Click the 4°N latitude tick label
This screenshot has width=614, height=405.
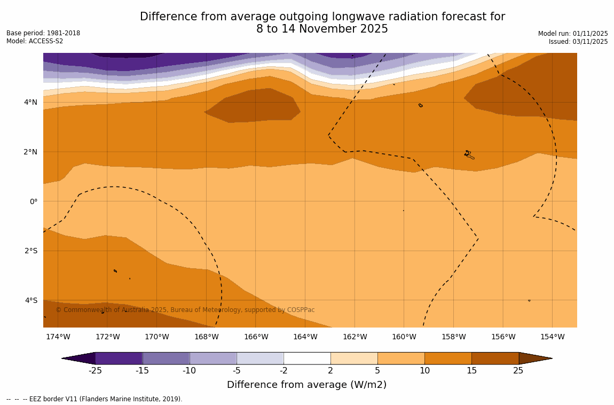point(30,102)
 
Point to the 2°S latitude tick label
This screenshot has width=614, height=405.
point(30,251)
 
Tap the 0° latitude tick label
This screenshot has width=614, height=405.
point(33,201)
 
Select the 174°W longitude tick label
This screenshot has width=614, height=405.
point(58,337)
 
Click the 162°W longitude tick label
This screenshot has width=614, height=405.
point(355,337)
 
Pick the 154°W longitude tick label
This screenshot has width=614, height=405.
point(552,337)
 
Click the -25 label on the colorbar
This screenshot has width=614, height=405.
point(95,370)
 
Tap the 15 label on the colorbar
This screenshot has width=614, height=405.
point(471,370)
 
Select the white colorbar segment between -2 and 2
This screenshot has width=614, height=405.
point(307,358)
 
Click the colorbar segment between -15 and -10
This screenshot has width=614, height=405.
point(166,358)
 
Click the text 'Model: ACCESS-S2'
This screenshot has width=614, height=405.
point(35,41)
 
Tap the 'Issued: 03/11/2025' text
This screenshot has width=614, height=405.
point(578,42)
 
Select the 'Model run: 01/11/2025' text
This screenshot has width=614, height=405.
point(573,34)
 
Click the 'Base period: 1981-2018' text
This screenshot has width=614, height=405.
point(43,33)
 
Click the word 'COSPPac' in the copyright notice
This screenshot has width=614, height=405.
point(301,310)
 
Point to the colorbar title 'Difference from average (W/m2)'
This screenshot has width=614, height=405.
point(306,385)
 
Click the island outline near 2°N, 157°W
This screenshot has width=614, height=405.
point(469,155)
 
